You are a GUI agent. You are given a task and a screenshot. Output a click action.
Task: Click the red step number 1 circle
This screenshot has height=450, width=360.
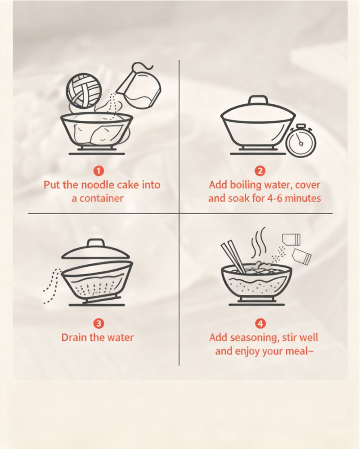[99, 171]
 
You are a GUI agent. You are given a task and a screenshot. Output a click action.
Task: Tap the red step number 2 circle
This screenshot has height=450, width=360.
[260, 171]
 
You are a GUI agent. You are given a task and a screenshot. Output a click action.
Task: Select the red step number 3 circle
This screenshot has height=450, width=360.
[99, 324]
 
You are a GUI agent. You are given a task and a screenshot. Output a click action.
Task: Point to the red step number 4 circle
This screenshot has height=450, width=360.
[260, 324]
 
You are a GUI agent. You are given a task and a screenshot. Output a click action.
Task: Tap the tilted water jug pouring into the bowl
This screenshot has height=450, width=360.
[141, 86]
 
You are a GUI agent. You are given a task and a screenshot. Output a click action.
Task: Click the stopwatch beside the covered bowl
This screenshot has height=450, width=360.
[301, 141]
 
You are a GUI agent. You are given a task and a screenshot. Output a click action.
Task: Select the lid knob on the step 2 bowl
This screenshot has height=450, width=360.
[258, 100]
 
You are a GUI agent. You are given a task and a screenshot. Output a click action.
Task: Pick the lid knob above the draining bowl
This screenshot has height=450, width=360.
[96, 244]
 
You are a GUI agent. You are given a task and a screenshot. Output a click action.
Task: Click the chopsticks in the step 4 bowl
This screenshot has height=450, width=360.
[233, 258]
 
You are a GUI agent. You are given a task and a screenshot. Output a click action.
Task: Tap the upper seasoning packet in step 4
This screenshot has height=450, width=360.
[291, 240]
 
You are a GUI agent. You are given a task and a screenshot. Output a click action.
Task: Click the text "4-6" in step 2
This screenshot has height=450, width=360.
[275, 198]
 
